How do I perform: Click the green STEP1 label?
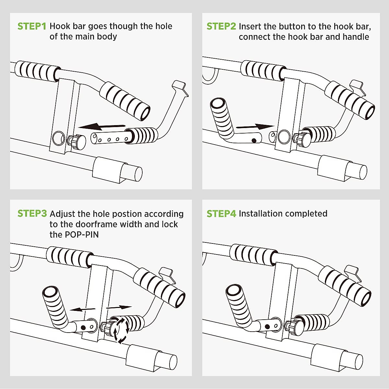point(32,26)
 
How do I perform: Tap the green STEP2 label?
point(221,26)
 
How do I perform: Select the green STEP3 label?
point(32,214)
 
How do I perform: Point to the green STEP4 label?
point(221,214)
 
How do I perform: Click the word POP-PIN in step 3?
point(82,234)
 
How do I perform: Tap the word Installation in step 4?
point(260,214)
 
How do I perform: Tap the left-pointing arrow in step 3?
point(82,309)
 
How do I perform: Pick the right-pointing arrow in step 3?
point(119,307)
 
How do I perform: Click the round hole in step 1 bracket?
point(59,138)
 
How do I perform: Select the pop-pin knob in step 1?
point(78,142)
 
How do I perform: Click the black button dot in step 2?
point(254,140)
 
